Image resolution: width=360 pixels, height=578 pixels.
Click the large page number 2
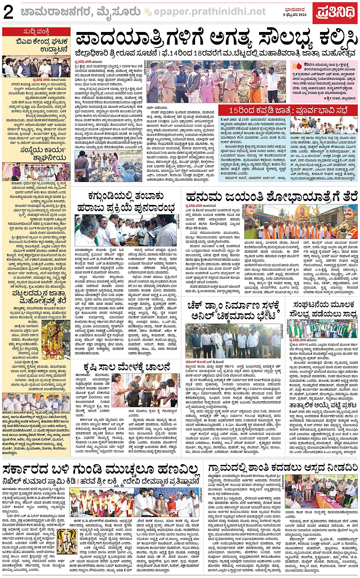tap(8, 13)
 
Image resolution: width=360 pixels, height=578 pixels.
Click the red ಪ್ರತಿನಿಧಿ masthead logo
tap(336, 13)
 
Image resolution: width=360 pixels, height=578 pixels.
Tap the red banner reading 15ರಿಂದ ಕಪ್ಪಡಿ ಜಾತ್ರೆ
tap(288, 110)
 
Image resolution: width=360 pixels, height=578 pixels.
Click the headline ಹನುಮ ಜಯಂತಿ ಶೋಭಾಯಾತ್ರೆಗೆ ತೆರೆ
tap(271, 197)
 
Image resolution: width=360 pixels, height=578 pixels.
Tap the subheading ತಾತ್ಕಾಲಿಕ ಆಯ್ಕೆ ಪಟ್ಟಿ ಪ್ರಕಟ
tap(323, 405)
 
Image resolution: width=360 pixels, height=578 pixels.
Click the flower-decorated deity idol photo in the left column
tap(55, 340)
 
